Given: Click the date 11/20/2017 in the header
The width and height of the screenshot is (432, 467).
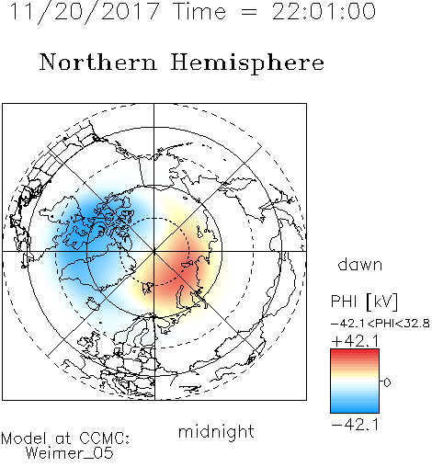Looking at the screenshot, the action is pyautogui.click(x=85, y=12).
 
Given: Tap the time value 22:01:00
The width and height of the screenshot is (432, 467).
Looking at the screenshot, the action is pyautogui.click(x=324, y=11).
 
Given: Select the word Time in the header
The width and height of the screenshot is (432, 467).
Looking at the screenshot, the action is pyautogui.click(x=199, y=11).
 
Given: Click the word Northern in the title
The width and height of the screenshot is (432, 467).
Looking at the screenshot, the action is pyautogui.click(x=98, y=62).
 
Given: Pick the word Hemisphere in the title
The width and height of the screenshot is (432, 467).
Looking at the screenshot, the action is pyautogui.click(x=247, y=63).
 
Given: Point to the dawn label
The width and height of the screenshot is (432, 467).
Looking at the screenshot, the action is pyautogui.click(x=360, y=264).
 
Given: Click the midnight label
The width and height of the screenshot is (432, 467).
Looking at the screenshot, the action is pyautogui.click(x=216, y=432).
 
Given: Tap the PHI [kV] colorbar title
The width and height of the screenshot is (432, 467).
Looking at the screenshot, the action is pyautogui.click(x=364, y=302).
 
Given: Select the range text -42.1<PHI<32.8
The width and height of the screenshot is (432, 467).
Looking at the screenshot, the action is pyautogui.click(x=381, y=324).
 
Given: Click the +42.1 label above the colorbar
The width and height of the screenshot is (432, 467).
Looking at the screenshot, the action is pyautogui.click(x=355, y=341).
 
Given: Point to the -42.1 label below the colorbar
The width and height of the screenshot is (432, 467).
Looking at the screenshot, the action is pyautogui.click(x=355, y=425).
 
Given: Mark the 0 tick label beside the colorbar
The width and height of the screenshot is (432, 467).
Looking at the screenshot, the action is pyautogui.click(x=387, y=382).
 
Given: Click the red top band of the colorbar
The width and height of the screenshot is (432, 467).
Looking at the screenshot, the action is pyautogui.click(x=355, y=353).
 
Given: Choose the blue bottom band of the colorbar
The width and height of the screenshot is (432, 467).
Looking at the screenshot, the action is pyautogui.click(x=355, y=409).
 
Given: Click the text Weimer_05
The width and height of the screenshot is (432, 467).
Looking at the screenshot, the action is pyautogui.click(x=70, y=453).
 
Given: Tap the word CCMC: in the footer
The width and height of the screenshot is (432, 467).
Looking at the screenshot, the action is pyautogui.click(x=105, y=439).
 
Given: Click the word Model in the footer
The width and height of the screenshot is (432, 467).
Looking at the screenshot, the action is pyautogui.click(x=24, y=439).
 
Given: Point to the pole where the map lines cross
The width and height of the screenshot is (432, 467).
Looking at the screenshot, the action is pyautogui.click(x=154, y=251).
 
